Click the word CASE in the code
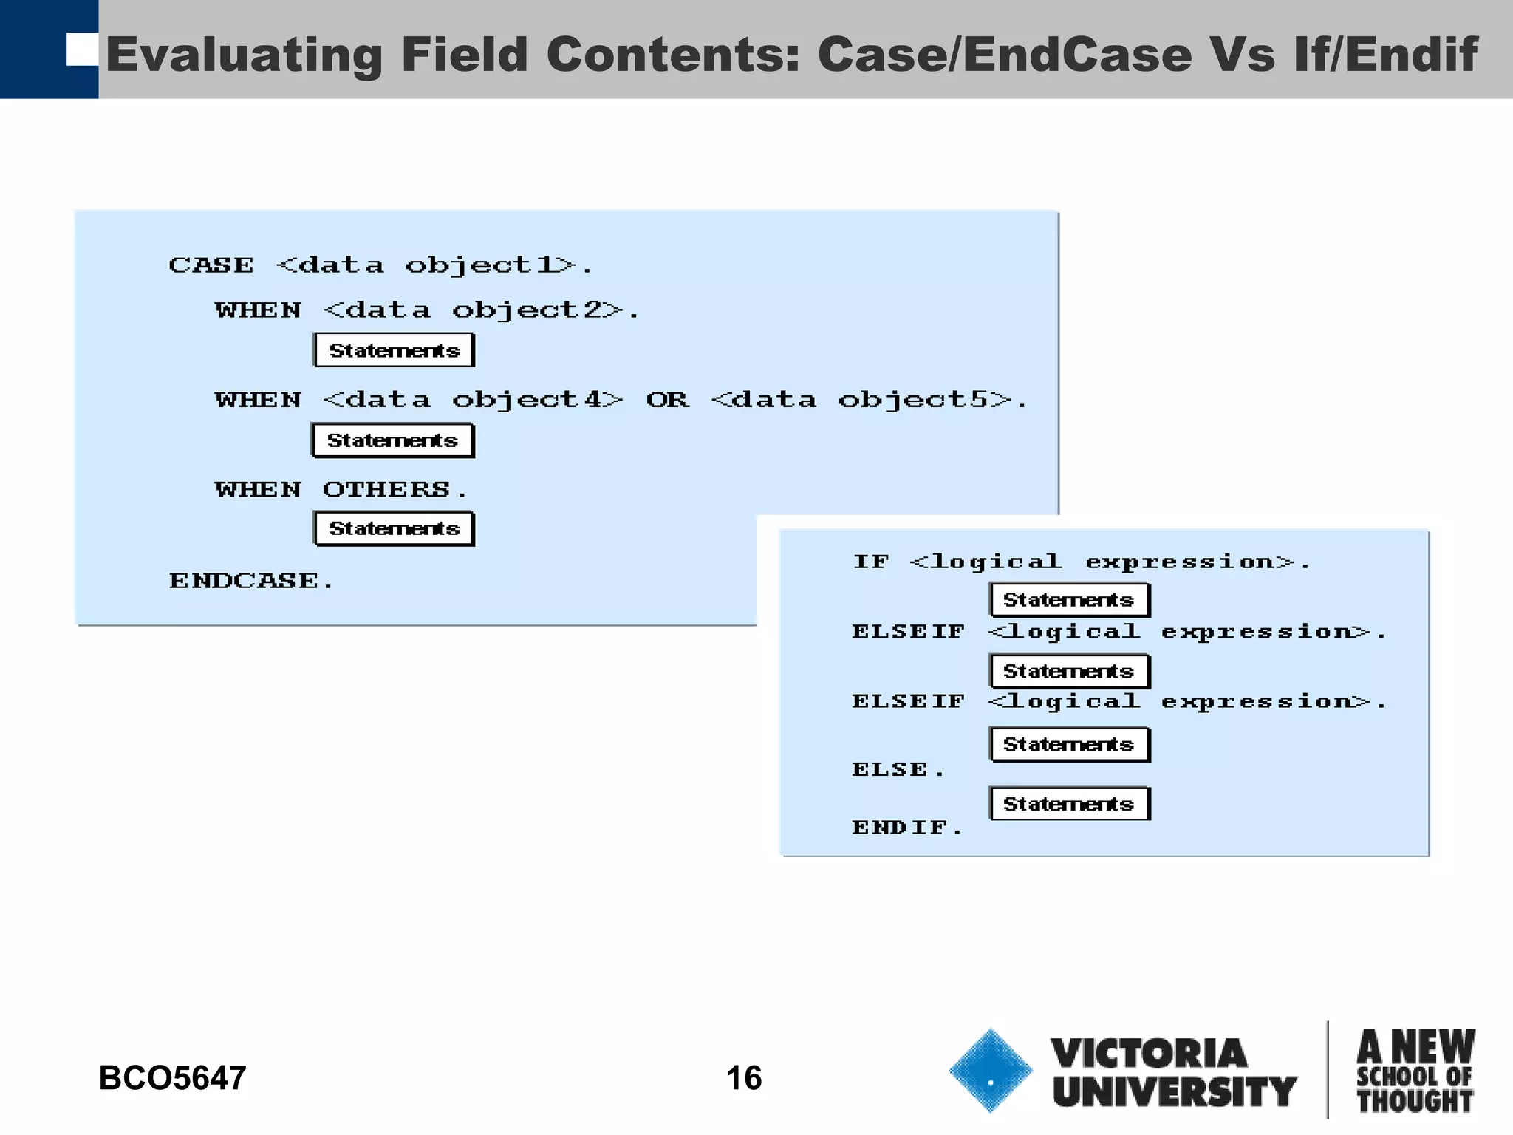point(211,265)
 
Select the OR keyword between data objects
point(667,400)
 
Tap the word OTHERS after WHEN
point(386,489)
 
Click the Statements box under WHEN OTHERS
point(394,529)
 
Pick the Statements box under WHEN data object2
point(394,350)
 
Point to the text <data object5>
point(861,400)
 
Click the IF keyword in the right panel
point(871,562)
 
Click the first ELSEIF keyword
point(909,632)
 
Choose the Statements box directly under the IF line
point(1069,600)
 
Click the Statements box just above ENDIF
point(1069,804)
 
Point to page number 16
point(744,1078)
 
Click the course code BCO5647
point(172,1078)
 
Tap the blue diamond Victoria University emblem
point(990,1071)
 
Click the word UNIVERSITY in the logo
point(1175,1092)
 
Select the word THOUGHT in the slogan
point(1415,1101)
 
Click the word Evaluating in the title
point(244,55)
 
